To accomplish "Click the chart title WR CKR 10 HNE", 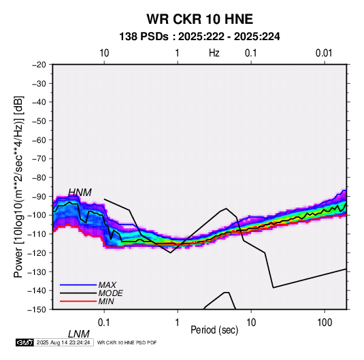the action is click(x=199, y=19).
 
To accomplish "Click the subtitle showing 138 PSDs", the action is click(x=199, y=37).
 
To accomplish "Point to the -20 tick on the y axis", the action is click(x=39, y=65).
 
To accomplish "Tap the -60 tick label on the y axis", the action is click(x=39, y=140).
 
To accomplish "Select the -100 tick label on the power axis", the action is click(x=37, y=215).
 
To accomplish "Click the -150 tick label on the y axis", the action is click(x=37, y=310).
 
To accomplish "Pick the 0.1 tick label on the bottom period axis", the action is click(x=104, y=323).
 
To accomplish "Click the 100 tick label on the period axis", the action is click(x=325, y=323).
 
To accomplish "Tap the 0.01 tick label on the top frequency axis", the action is click(x=324, y=53).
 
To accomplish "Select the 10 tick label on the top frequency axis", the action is click(x=104, y=53).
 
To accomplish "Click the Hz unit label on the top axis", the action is click(x=214, y=53).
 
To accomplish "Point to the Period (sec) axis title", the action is click(x=214, y=330).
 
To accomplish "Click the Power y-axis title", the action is click(x=18, y=186).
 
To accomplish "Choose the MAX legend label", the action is click(x=107, y=284).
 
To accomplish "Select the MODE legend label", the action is click(x=110, y=293).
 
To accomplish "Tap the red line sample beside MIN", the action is click(x=78, y=301).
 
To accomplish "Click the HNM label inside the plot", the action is click(x=80, y=193).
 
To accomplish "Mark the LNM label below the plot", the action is click(x=79, y=334).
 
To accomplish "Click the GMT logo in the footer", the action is click(x=25, y=342).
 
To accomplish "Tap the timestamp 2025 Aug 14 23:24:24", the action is click(x=63, y=342).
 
